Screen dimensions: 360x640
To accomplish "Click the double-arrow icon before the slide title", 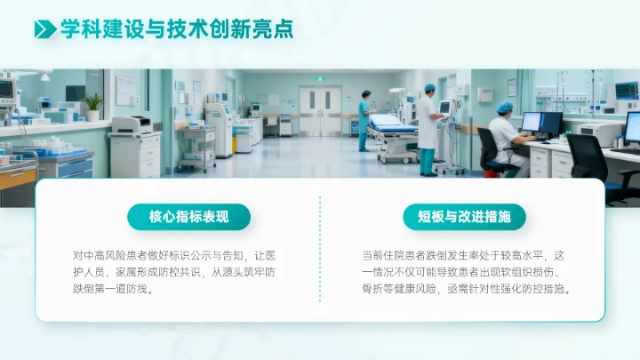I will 44,29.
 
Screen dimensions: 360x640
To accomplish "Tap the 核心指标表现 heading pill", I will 188,216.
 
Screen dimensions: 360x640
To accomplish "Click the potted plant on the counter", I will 93,106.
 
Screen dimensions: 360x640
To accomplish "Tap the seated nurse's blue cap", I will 505,108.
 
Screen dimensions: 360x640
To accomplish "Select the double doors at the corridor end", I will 320,110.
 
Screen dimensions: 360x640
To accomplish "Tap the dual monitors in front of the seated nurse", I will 541,123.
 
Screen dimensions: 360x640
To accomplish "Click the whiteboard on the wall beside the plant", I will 125,91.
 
